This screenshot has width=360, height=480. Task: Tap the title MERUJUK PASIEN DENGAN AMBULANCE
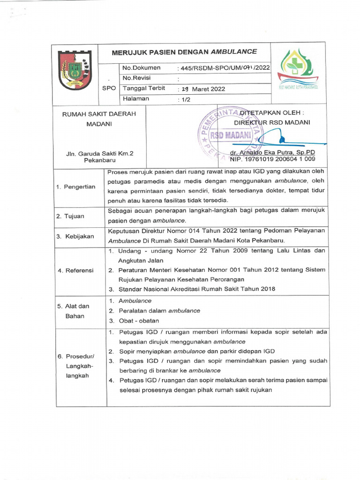pos(184,52)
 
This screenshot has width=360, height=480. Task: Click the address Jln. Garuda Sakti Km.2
pos(96,153)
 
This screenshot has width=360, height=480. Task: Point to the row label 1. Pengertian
pos(75,187)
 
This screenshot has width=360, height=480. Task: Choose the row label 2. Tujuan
pos(71,216)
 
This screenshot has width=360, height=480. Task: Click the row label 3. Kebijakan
pos(75,236)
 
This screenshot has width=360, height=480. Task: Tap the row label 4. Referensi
pos(75,270)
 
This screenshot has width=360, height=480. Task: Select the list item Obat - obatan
pos(138,321)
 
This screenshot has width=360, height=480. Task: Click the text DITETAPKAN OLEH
pos(271,113)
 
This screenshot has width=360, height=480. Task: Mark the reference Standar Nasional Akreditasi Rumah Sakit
pos(196,289)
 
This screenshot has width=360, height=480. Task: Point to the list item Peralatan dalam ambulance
pos(159,311)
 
